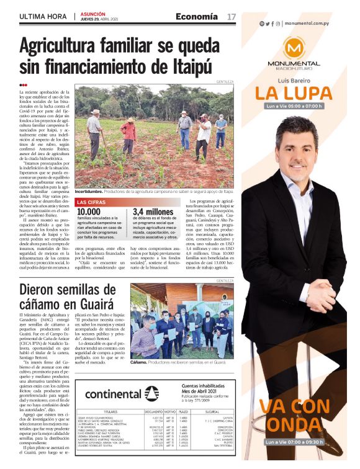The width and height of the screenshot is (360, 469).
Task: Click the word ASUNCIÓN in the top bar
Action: click(x=94, y=13)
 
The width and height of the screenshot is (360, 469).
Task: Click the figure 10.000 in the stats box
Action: click(x=88, y=212)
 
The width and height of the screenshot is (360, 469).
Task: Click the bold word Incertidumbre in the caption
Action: click(x=92, y=192)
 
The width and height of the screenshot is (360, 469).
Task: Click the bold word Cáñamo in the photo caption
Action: click(x=140, y=362)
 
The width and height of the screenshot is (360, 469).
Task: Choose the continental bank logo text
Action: click(x=113, y=393)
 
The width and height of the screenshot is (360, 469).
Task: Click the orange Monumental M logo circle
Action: click(x=294, y=48)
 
